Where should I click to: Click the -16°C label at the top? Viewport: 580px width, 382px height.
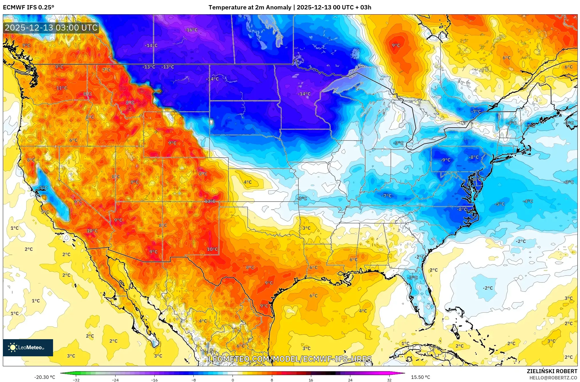click(x=191, y=30)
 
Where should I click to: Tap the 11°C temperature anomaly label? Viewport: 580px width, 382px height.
click(x=61, y=88)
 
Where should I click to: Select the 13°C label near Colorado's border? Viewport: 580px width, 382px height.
click(x=210, y=201)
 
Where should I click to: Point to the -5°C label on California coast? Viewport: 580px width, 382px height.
click(x=43, y=188)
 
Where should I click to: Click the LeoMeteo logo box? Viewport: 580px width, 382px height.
click(x=28, y=347)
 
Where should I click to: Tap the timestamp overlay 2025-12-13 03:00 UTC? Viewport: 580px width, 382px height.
click(x=51, y=28)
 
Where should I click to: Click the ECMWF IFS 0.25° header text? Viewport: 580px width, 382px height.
click(x=29, y=7)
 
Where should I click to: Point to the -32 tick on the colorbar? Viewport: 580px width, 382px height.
click(x=76, y=380)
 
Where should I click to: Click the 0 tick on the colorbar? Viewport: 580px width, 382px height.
click(x=233, y=380)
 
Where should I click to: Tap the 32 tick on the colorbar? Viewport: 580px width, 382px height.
click(x=389, y=380)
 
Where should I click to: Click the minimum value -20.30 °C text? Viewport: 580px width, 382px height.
click(x=45, y=377)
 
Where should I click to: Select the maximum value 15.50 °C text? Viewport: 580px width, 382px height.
click(x=421, y=377)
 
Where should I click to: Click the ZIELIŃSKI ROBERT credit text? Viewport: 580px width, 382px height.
click(x=552, y=371)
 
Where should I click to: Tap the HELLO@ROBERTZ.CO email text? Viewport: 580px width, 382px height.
click(x=553, y=378)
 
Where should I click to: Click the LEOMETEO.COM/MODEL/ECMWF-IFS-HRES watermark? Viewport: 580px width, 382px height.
click(x=290, y=359)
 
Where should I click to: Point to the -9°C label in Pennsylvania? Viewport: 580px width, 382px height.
click(x=445, y=160)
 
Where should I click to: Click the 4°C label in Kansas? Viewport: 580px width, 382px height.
click(x=247, y=182)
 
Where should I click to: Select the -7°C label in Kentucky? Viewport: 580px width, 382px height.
click(x=387, y=196)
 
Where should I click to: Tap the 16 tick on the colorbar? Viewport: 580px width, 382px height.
click(x=311, y=380)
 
